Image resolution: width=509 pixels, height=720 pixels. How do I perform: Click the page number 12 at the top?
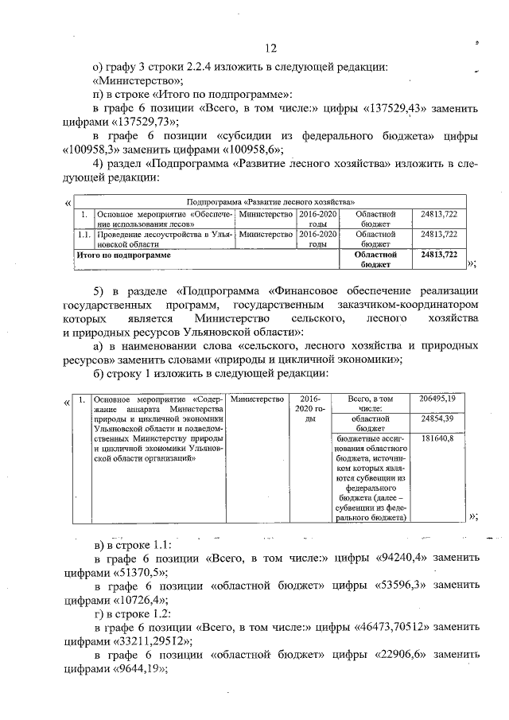[271, 47]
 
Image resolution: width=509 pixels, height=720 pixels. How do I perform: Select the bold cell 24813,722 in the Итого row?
[437, 255]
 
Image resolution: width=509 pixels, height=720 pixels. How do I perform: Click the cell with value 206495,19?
[438, 398]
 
